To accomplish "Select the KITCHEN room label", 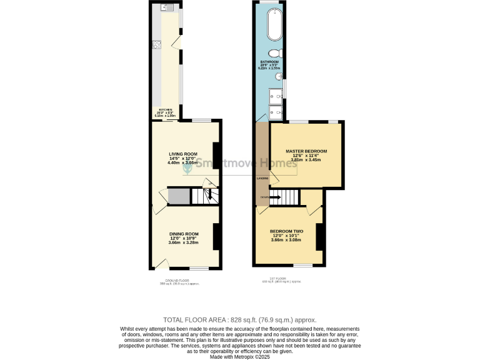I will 165,110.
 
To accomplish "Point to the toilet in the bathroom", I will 274,54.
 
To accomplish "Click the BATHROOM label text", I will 270,62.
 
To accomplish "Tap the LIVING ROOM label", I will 183,154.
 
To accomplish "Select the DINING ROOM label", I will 183,234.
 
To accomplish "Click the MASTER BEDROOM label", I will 306,151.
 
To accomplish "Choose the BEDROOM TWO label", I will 286,231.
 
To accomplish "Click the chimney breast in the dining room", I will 216,236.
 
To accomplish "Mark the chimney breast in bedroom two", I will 319,236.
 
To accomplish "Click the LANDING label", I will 262,178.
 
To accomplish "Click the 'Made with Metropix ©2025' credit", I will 240,356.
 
